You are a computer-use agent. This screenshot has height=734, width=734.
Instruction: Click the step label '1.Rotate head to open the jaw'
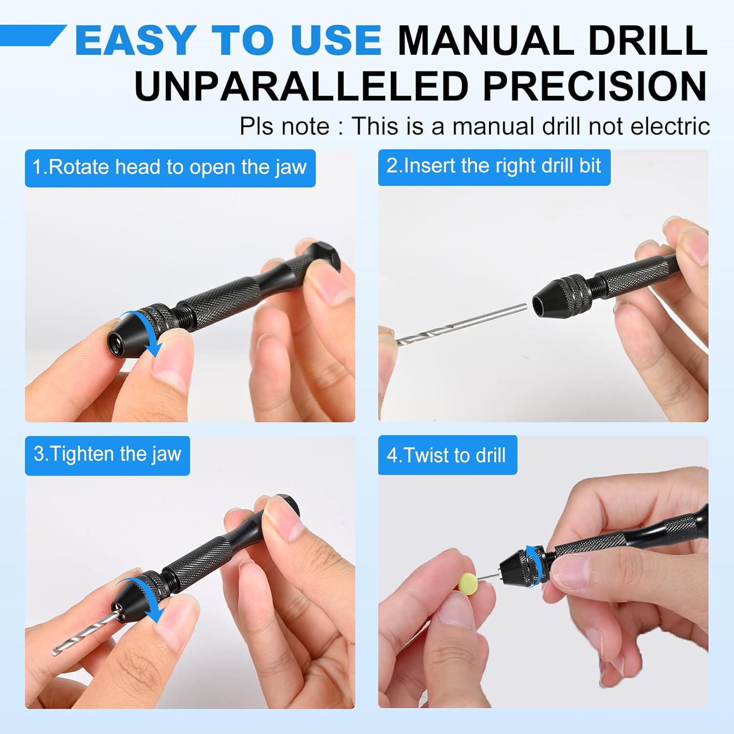[x=170, y=168]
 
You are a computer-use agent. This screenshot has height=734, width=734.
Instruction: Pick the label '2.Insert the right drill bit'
[x=494, y=166]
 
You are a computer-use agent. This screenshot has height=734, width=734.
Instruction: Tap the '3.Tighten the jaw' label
[x=107, y=455]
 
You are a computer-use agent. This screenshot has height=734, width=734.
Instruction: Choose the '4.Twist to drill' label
[x=446, y=456]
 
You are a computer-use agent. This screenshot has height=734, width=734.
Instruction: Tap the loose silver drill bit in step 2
[x=460, y=323]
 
